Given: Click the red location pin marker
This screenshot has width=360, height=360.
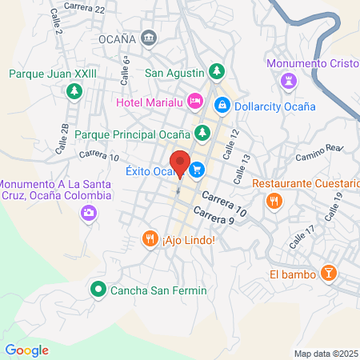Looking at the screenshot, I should (x=180, y=163).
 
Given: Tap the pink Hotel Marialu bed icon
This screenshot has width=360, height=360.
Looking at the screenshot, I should (x=193, y=101).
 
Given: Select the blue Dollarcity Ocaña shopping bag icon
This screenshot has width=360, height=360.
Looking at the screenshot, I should (x=222, y=105).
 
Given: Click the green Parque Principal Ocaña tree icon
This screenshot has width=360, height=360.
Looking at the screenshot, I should (x=203, y=133).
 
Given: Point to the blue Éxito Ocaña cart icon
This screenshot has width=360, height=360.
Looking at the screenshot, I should (x=197, y=170).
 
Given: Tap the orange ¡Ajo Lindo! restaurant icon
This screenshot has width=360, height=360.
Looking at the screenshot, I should (x=149, y=238).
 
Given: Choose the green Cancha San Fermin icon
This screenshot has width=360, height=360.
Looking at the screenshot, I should (x=98, y=289).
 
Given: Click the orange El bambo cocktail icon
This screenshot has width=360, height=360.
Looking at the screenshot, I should (x=327, y=274).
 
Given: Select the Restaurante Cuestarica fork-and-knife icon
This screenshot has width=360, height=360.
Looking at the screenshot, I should (x=274, y=200).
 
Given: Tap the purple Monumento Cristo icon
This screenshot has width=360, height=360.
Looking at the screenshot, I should (x=287, y=80).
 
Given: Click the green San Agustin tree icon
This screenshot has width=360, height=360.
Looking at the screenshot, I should (x=214, y=71).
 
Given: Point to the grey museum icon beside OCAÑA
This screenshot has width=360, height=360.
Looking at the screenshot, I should (x=148, y=38).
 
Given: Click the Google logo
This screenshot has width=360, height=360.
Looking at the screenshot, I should (x=26, y=350).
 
